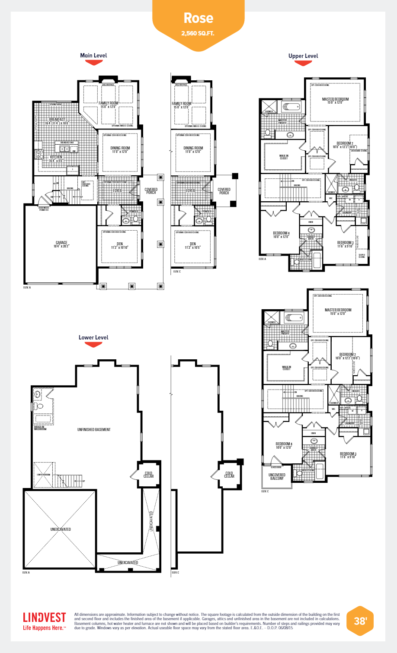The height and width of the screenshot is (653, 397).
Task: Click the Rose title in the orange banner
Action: [198, 18]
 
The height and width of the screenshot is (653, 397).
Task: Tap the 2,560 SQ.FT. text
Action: [198, 33]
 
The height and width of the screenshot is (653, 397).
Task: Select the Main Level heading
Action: [93, 55]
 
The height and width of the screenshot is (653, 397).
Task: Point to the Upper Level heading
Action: [303, 56]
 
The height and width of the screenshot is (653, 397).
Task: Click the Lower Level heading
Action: [93, 337]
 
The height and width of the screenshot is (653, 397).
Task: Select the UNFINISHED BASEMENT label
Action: [94, 430]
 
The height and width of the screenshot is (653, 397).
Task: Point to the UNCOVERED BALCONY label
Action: [277, 477]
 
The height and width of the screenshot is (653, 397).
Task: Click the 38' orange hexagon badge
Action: [360, 621]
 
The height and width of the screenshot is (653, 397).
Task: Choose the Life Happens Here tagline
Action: [44, 628]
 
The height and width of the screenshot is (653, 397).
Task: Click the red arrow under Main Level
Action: [93, 63]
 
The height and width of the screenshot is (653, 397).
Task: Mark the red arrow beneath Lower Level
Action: [93, 345]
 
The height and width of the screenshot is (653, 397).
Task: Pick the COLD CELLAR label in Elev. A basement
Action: [149, 475]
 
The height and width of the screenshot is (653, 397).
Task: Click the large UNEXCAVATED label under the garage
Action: [61, 529]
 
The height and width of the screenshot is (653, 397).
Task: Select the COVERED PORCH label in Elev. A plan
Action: [151, 191]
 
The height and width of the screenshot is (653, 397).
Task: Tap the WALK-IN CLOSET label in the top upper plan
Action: [284, 157]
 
